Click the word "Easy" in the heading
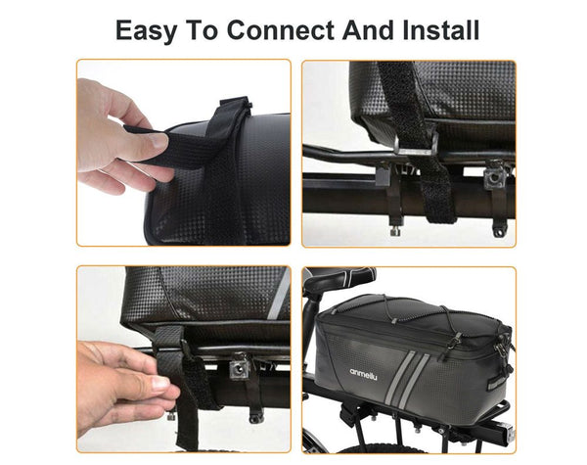point(150,28)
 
